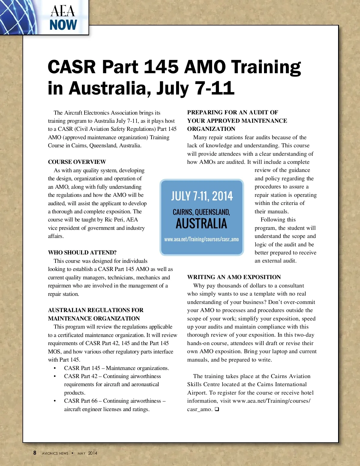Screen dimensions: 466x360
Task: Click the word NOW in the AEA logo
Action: pos(63,25)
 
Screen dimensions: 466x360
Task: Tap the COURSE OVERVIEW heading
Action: pos(77,162)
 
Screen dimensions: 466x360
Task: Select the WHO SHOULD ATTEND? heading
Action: pos(82,253)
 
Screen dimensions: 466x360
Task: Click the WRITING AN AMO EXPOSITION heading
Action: pos(234,277)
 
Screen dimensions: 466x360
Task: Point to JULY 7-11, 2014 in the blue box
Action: pos(202,196)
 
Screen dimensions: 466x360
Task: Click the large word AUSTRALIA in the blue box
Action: pos(201,224)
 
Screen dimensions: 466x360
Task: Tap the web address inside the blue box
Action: pos(201,239)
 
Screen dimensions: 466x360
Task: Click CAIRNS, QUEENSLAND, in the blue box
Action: pos(201,212)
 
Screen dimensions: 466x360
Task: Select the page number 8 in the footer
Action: pos(35,453)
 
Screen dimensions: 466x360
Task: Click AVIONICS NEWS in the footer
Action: pos(55,453)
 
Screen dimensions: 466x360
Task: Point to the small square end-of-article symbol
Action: pos(217,409)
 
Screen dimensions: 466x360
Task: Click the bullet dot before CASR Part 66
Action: pos(55,401)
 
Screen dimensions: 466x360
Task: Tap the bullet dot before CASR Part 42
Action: pos(55,377)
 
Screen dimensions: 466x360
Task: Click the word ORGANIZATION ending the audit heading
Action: pos(211,129)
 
